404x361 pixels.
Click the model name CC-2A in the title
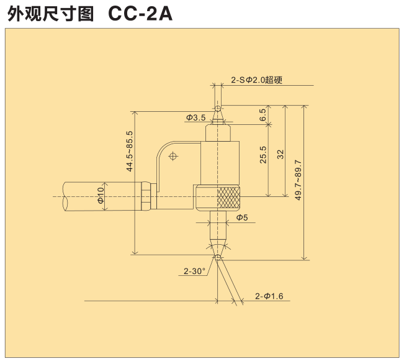pyautogui.click(x=140, y=14)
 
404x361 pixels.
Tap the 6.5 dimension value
pyautogui.click(x=263, y=114)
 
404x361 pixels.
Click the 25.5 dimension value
pyautogui.click(x=263, y=154)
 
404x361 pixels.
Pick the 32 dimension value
pyautogui.click(x=281, y=154)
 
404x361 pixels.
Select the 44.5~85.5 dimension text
pyautogui.click(x=129, y=151)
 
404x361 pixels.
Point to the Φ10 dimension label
pyautogui.click(x=101, y=196)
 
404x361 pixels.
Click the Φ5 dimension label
pyautogui.click(x=241, y=218)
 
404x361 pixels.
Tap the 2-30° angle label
pyautogui.click(x=194, y=271)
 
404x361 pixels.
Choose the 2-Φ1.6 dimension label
pyautogui.click(x=269, y=296)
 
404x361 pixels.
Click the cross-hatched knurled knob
pyautogui.click(x=228, y=197)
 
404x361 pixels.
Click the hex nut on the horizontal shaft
pyautogui.click(x=144, y=196)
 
